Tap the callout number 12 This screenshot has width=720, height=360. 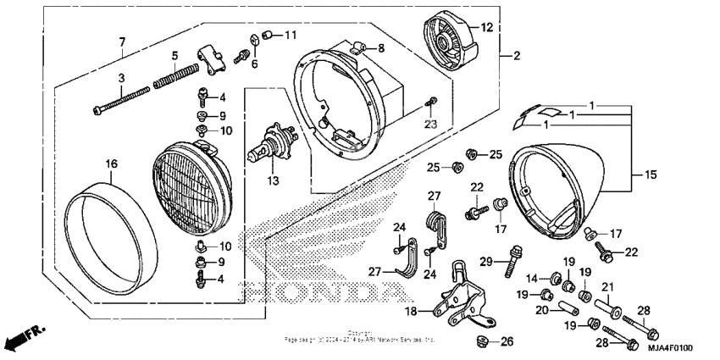click(x=486, y=28)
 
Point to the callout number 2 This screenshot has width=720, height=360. click(x=515, y=56)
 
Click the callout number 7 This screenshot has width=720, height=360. click(x=121, y=42)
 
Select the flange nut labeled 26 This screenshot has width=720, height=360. click(x=483, y=341)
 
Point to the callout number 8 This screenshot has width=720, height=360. click(x=380, y=48)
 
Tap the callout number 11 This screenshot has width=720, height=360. click(x=291, y=35)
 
